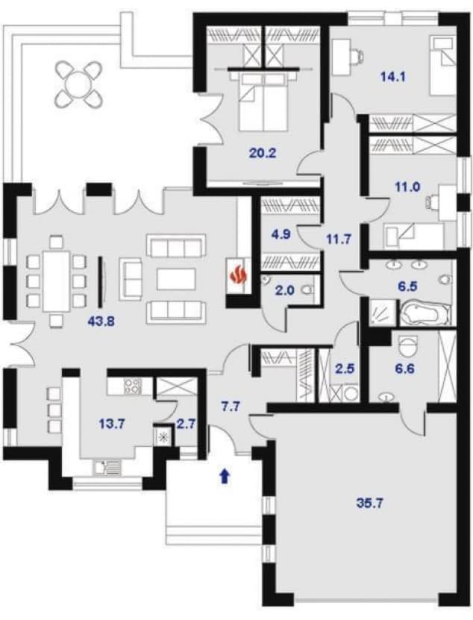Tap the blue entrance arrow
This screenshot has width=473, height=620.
(x=225, y=476)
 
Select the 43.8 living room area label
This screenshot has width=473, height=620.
(x=101, y=322)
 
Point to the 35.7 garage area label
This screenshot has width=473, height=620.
(x=370, y=504)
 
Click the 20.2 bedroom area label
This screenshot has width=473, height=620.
(x=263, y=153)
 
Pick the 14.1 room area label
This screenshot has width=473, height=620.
(x=393, y=77)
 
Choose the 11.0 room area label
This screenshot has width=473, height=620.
(x=407, y=186)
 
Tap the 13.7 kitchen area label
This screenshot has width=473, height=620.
(x=111, y=425)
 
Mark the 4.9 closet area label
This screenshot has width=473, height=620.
(x=281, y=234)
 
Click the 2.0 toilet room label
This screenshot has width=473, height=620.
(x=285, y=291)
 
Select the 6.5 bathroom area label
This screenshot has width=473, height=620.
(x=408, y=286)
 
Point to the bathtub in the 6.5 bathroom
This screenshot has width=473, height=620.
(x=425, y=314)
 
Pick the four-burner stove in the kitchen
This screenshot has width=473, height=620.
(x=132, y=386)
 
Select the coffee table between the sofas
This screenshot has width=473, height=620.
(x=176, y=280)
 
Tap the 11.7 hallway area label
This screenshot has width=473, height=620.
(x=338, y=239)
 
